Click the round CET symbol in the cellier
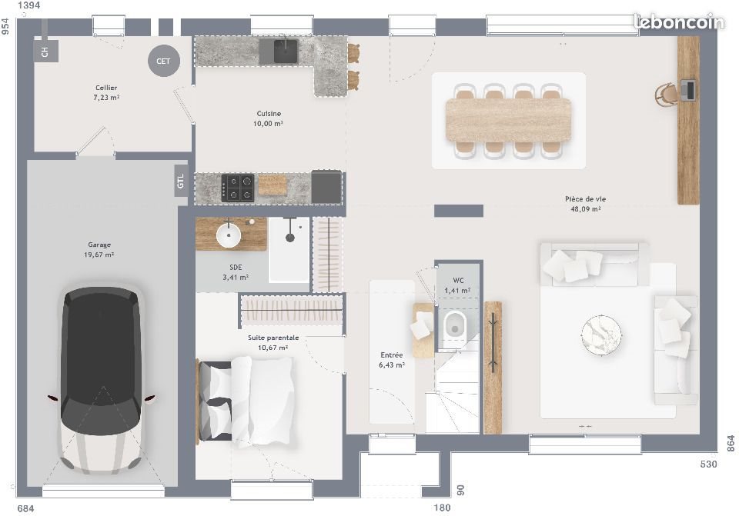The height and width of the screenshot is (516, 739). [x=164, y=61]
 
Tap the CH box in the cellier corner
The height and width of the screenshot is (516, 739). [x=45, y=52]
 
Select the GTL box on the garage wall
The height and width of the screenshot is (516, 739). [x=181, y=182]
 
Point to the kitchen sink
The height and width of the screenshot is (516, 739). [x=286, y=51]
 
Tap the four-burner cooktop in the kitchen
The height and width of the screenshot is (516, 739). [x=238, y=187]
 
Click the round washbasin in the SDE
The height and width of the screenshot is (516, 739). [x=229, y=235]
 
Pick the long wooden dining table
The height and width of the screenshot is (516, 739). [x=508, y=119]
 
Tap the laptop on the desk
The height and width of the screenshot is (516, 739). [x=688, y=90]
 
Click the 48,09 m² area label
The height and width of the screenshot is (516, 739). [x=585, y=208]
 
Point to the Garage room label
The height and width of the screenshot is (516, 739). [x=99, y=245]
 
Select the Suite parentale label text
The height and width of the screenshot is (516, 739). [x=273, y=338]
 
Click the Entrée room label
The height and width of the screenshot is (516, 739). [x=392, y=355]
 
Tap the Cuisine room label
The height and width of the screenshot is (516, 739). [x=269, y=113]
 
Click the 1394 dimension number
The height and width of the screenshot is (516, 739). [x=28, y=6]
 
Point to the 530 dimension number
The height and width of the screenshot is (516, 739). [x=708, y=464]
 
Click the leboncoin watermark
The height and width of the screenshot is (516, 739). [x=678, y=22]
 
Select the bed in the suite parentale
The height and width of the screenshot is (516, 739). [x=246, y=401]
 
